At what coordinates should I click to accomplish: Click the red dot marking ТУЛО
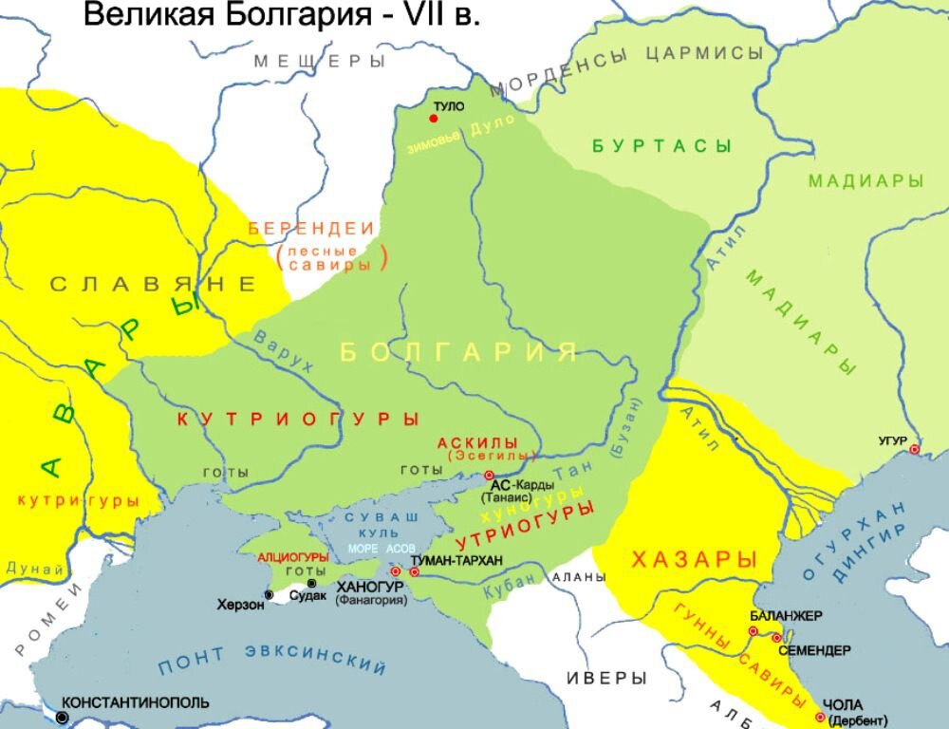tap(434, 119)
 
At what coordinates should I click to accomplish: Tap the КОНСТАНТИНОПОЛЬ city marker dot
tap(63, 718)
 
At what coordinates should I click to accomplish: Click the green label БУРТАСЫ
tap(661, 146)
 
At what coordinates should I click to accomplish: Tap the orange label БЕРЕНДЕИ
tap(311, 229)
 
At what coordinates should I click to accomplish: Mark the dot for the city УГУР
tap(915, 449)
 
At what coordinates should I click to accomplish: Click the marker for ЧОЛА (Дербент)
tap(820, 717)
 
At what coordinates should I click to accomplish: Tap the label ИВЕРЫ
tap(606, 678)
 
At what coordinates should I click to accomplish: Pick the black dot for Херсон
tap(269, 595)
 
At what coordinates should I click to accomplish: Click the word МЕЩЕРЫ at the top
tap(319, 62)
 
